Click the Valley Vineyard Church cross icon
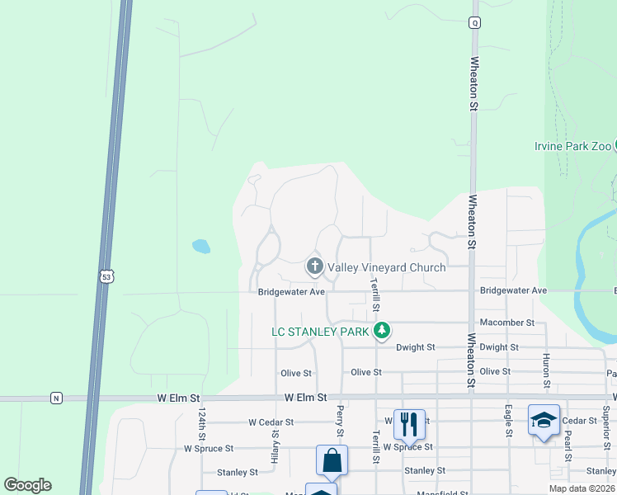[x=314, y=266]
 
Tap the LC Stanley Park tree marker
[x=381, y=332]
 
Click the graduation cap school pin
[x=544, y=420]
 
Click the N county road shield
[x=55, y=398]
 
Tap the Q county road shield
[x=474, y=23]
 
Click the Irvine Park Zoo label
[x=572, y=146]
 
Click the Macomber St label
[x=507, y=323]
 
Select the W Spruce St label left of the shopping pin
[x=209, y=449]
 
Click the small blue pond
[x=200, y=246]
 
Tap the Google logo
[x=27, y=485]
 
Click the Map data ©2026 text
[x=582, y=488]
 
